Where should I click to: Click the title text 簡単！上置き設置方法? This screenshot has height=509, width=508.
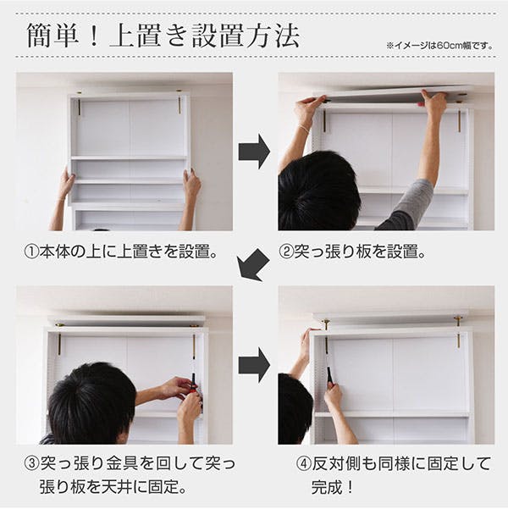point(163,36)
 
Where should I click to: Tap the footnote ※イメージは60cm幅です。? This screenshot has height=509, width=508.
point(439,46)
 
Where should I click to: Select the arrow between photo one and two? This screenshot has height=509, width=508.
point(254,152)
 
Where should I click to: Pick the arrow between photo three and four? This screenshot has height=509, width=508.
point(254,365)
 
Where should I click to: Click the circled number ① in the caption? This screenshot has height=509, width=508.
point(31,252)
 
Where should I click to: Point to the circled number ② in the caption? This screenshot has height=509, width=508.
point(286,252)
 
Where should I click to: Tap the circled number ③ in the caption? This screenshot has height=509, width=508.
point(31,463)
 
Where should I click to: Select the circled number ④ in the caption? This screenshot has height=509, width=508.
point(304,464)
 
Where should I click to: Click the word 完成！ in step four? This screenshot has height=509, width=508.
point(333,488)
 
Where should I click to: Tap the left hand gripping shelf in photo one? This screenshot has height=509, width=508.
point(66,185)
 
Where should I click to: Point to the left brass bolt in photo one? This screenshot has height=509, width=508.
point(79,104)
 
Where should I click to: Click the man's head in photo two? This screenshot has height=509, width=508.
point(318,191)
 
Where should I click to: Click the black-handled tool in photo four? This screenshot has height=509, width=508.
point(329,375)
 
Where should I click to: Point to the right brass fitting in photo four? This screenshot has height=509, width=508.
point(458,330)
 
